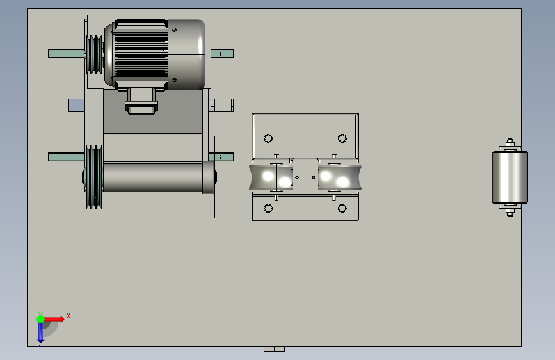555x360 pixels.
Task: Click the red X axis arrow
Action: click(x=54, y=319)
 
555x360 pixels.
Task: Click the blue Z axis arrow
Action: click(x=40, y=333)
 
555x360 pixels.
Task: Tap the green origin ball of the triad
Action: click(x=40, y=319)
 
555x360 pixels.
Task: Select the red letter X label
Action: click(x=68, y=316)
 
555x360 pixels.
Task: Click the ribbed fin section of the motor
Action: click(x=141, y=54)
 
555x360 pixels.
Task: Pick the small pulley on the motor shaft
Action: click(x=94, y=54)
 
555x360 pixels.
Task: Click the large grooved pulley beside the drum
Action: click(x=94, y=177)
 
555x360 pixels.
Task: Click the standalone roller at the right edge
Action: click(x=510, y=177)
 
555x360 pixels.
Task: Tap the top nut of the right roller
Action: click(x=510, y=143)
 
